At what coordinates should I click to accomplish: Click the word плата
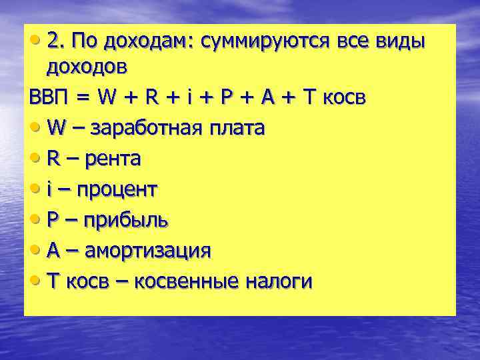238,128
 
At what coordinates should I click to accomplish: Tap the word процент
117,190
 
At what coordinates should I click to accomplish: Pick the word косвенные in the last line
187,282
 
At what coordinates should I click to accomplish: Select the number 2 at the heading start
53,41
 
